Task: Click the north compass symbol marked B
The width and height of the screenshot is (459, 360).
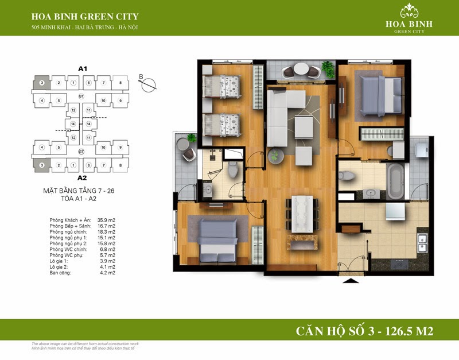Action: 149,84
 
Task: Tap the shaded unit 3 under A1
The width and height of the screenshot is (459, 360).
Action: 42,83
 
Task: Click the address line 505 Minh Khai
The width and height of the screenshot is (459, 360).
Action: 85,28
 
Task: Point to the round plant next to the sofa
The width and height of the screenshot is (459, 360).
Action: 276,155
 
